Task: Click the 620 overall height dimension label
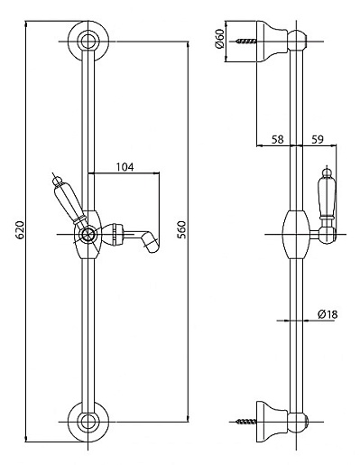tap(20, 230)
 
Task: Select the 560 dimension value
tap(181, 229)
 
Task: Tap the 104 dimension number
tap(125, 167)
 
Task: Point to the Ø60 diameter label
tap(219, 39)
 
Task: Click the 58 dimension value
tap(278, 139)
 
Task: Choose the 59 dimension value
tap(317, 139)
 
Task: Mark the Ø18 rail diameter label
tap(328, 314)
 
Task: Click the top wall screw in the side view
tap(246, 41)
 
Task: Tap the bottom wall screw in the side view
tap(246, 422)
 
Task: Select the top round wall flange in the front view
tap(88, 41)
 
